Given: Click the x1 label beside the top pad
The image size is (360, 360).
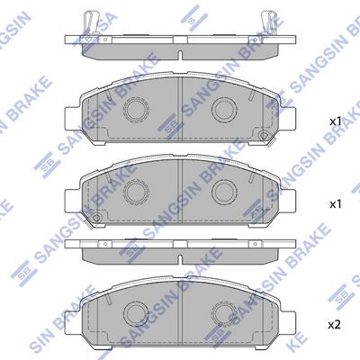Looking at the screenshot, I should click(335, 121).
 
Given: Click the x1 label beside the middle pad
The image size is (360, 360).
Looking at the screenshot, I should click(335, 205).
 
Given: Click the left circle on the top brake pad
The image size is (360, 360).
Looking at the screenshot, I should click(138, 109).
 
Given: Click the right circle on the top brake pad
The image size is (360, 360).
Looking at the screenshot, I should click(223, 109).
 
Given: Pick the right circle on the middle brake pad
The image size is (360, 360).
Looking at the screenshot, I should click(223, 191).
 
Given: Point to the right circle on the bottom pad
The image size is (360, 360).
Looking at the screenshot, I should click(223, 312).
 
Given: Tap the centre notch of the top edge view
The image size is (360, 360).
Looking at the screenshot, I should click(180, 53).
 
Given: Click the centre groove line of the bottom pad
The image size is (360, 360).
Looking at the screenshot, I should click(180, 310).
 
